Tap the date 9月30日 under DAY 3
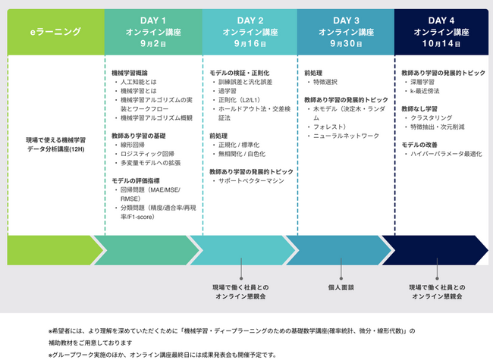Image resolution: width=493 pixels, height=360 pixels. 346,44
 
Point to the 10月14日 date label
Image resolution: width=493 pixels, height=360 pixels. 441,44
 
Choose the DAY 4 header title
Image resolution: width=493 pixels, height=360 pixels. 441,20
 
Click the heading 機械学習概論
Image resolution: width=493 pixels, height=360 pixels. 129,72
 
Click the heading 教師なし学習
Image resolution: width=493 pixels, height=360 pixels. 419,109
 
